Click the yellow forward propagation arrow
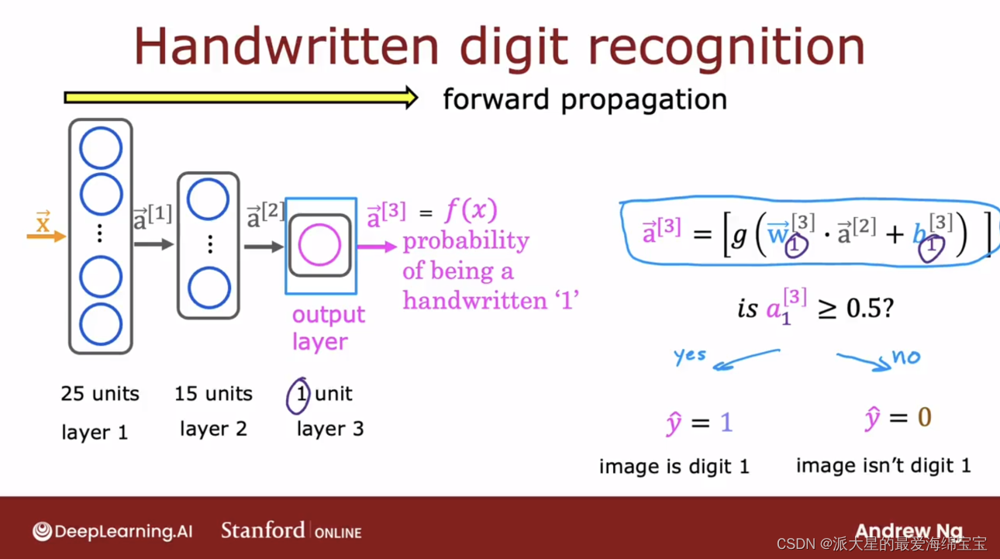(241, 98)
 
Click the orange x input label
(43, 222)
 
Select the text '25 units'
(100, 393)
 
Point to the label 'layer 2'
(213, 429)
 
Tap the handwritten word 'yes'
(690, 356)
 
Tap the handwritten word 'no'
(905, 357)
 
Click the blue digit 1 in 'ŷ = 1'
(726, 422)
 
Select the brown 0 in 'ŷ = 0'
(924, 417)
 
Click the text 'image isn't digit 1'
(884, 465)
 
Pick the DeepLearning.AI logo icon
(43, 531)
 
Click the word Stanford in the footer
(263, 530)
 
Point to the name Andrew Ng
(909, 531)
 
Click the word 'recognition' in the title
(726, 47)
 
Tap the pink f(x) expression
(471, 209)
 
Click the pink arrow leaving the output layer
(377, 247)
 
